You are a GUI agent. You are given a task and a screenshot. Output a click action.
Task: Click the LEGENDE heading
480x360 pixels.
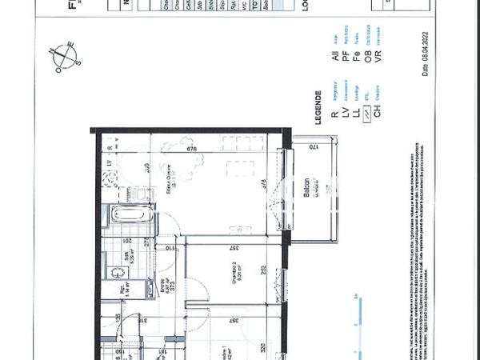tap(318, 105)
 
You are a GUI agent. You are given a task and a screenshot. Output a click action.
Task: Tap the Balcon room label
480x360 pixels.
tap(307, 189)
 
